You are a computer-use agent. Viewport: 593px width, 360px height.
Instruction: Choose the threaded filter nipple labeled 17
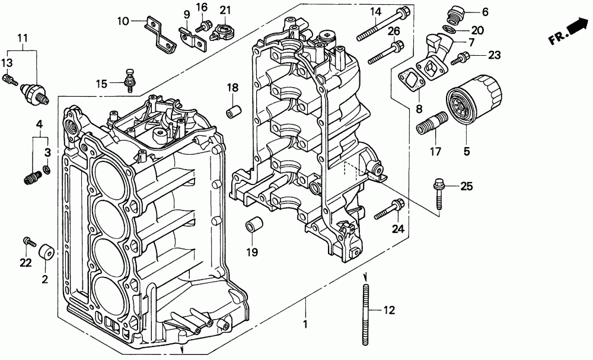[432, 123]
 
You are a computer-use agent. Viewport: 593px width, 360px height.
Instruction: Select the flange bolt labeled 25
[439, 193]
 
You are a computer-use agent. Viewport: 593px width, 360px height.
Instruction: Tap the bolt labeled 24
[389, 209]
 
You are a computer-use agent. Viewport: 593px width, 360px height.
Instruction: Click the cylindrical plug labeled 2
[47, 253]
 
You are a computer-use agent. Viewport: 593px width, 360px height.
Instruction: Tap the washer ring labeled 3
[46, 170]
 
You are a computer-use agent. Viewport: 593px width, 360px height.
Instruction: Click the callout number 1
[305, 324]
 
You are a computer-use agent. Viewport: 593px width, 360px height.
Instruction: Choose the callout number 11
[23, 38]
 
